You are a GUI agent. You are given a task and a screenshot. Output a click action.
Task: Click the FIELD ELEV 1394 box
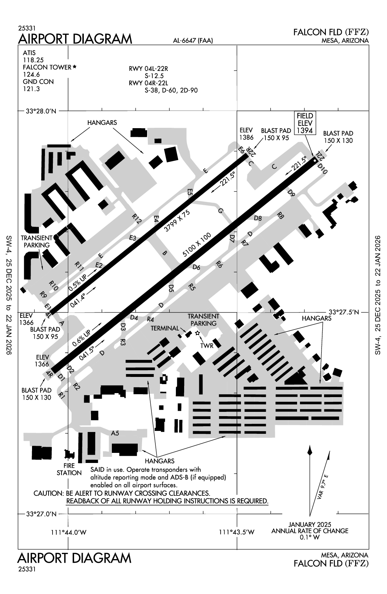click(x=304, y=123)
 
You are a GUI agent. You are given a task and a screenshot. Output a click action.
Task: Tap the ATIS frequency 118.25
click(x=31, y=60)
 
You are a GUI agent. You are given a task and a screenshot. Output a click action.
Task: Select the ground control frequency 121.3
click(x=31, y=89)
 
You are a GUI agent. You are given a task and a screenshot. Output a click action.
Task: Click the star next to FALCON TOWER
click(x=74, y=67)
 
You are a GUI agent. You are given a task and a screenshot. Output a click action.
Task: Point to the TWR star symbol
click(x=197, y=333)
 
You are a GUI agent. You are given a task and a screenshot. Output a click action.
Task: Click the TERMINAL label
click(x=165, y=328)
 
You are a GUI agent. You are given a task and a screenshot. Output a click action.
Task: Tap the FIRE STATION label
click(x=69, y=469)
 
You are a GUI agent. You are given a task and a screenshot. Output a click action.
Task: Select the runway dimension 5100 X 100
click(x=196, y=245)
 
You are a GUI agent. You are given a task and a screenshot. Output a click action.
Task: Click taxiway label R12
click(x=137, y=219)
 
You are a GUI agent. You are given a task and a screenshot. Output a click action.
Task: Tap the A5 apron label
click(x=115, y=433)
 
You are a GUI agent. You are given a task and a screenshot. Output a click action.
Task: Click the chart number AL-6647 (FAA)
click(x=193, y=41)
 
